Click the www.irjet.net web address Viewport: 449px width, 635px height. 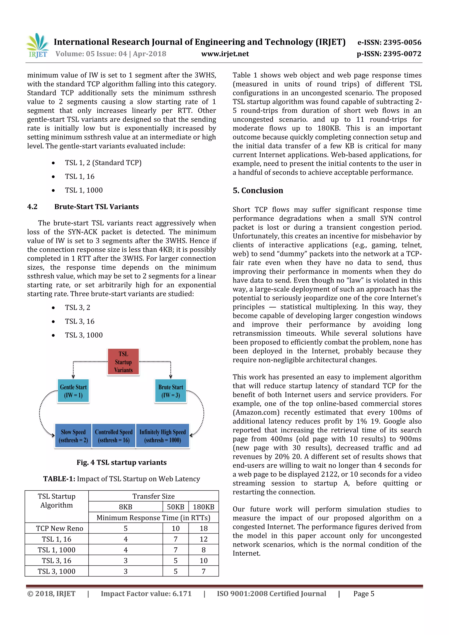point(225,54)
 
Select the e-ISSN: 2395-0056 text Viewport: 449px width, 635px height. point(389,42)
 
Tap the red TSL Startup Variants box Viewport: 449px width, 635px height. point(123,362)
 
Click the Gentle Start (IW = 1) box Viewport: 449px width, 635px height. point(73,391)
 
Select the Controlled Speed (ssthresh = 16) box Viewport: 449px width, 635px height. point(114,436)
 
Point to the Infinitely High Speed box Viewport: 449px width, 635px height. point(162,436)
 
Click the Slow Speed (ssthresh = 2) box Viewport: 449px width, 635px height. point(73,436)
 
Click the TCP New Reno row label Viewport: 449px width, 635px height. point(59,528)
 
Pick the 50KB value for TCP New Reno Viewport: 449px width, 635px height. point(175,528)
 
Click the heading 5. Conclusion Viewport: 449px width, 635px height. point(258,190)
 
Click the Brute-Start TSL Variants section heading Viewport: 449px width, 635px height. point(96,207)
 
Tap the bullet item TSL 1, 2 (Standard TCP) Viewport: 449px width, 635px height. point(103,163)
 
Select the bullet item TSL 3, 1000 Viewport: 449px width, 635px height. point(84,335)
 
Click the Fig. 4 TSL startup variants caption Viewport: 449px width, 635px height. point(121,462)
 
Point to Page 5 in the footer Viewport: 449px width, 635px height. point(363,594)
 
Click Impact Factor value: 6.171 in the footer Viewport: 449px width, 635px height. point(146,594)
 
